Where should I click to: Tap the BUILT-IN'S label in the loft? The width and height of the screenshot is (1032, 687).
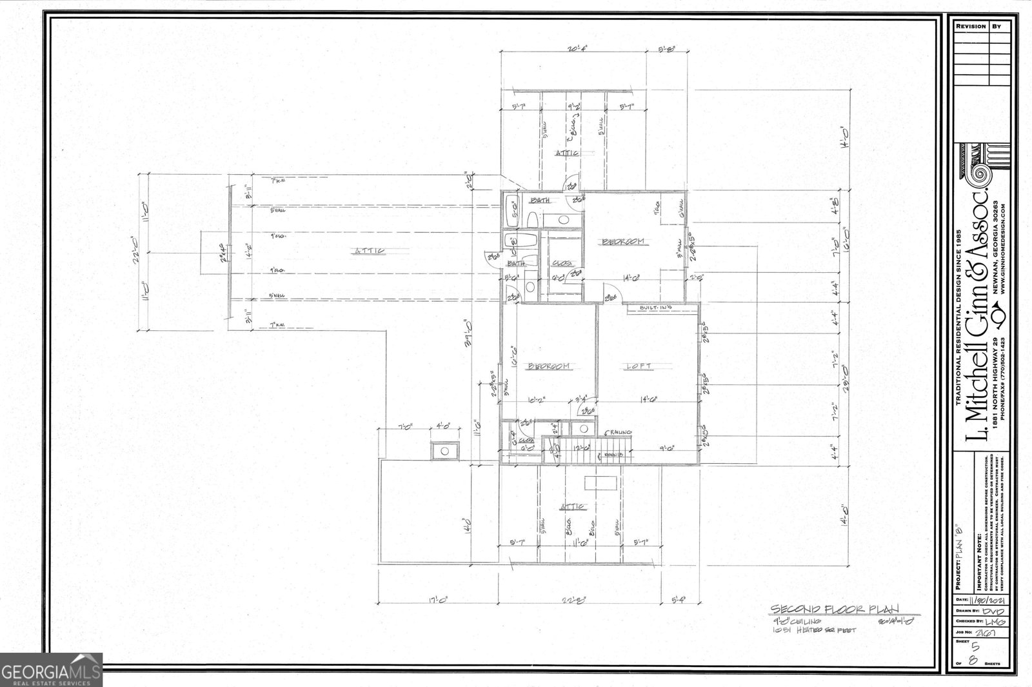click(x=655, y=309)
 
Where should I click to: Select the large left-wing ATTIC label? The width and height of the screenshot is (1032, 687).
click(x=369, y=250)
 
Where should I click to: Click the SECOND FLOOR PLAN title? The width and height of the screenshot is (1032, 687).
click(x=836, y=609)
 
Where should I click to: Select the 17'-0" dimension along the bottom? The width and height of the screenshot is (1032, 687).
click(x=440, y=600)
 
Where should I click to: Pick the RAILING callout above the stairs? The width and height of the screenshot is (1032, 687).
click(x=618, y=432)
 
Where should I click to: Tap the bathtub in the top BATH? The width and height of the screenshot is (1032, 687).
click(x=511, y=210)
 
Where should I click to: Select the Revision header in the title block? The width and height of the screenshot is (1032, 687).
click(x=970, y=26)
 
